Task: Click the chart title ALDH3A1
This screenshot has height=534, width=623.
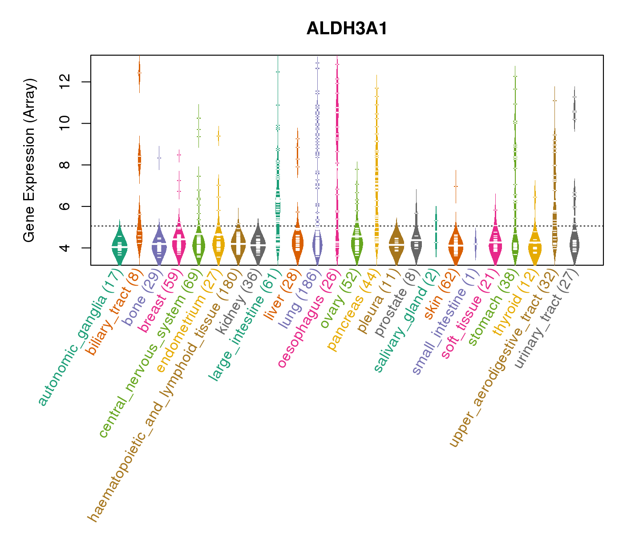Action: (x=347, y=28)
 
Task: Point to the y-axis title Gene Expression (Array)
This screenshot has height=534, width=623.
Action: (x=29, y=160)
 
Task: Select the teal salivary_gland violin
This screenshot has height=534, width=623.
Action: (x=436, y=231)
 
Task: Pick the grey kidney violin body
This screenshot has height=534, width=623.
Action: (x=258, y=245)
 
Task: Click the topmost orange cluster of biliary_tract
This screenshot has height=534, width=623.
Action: (x=139, y=73)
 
